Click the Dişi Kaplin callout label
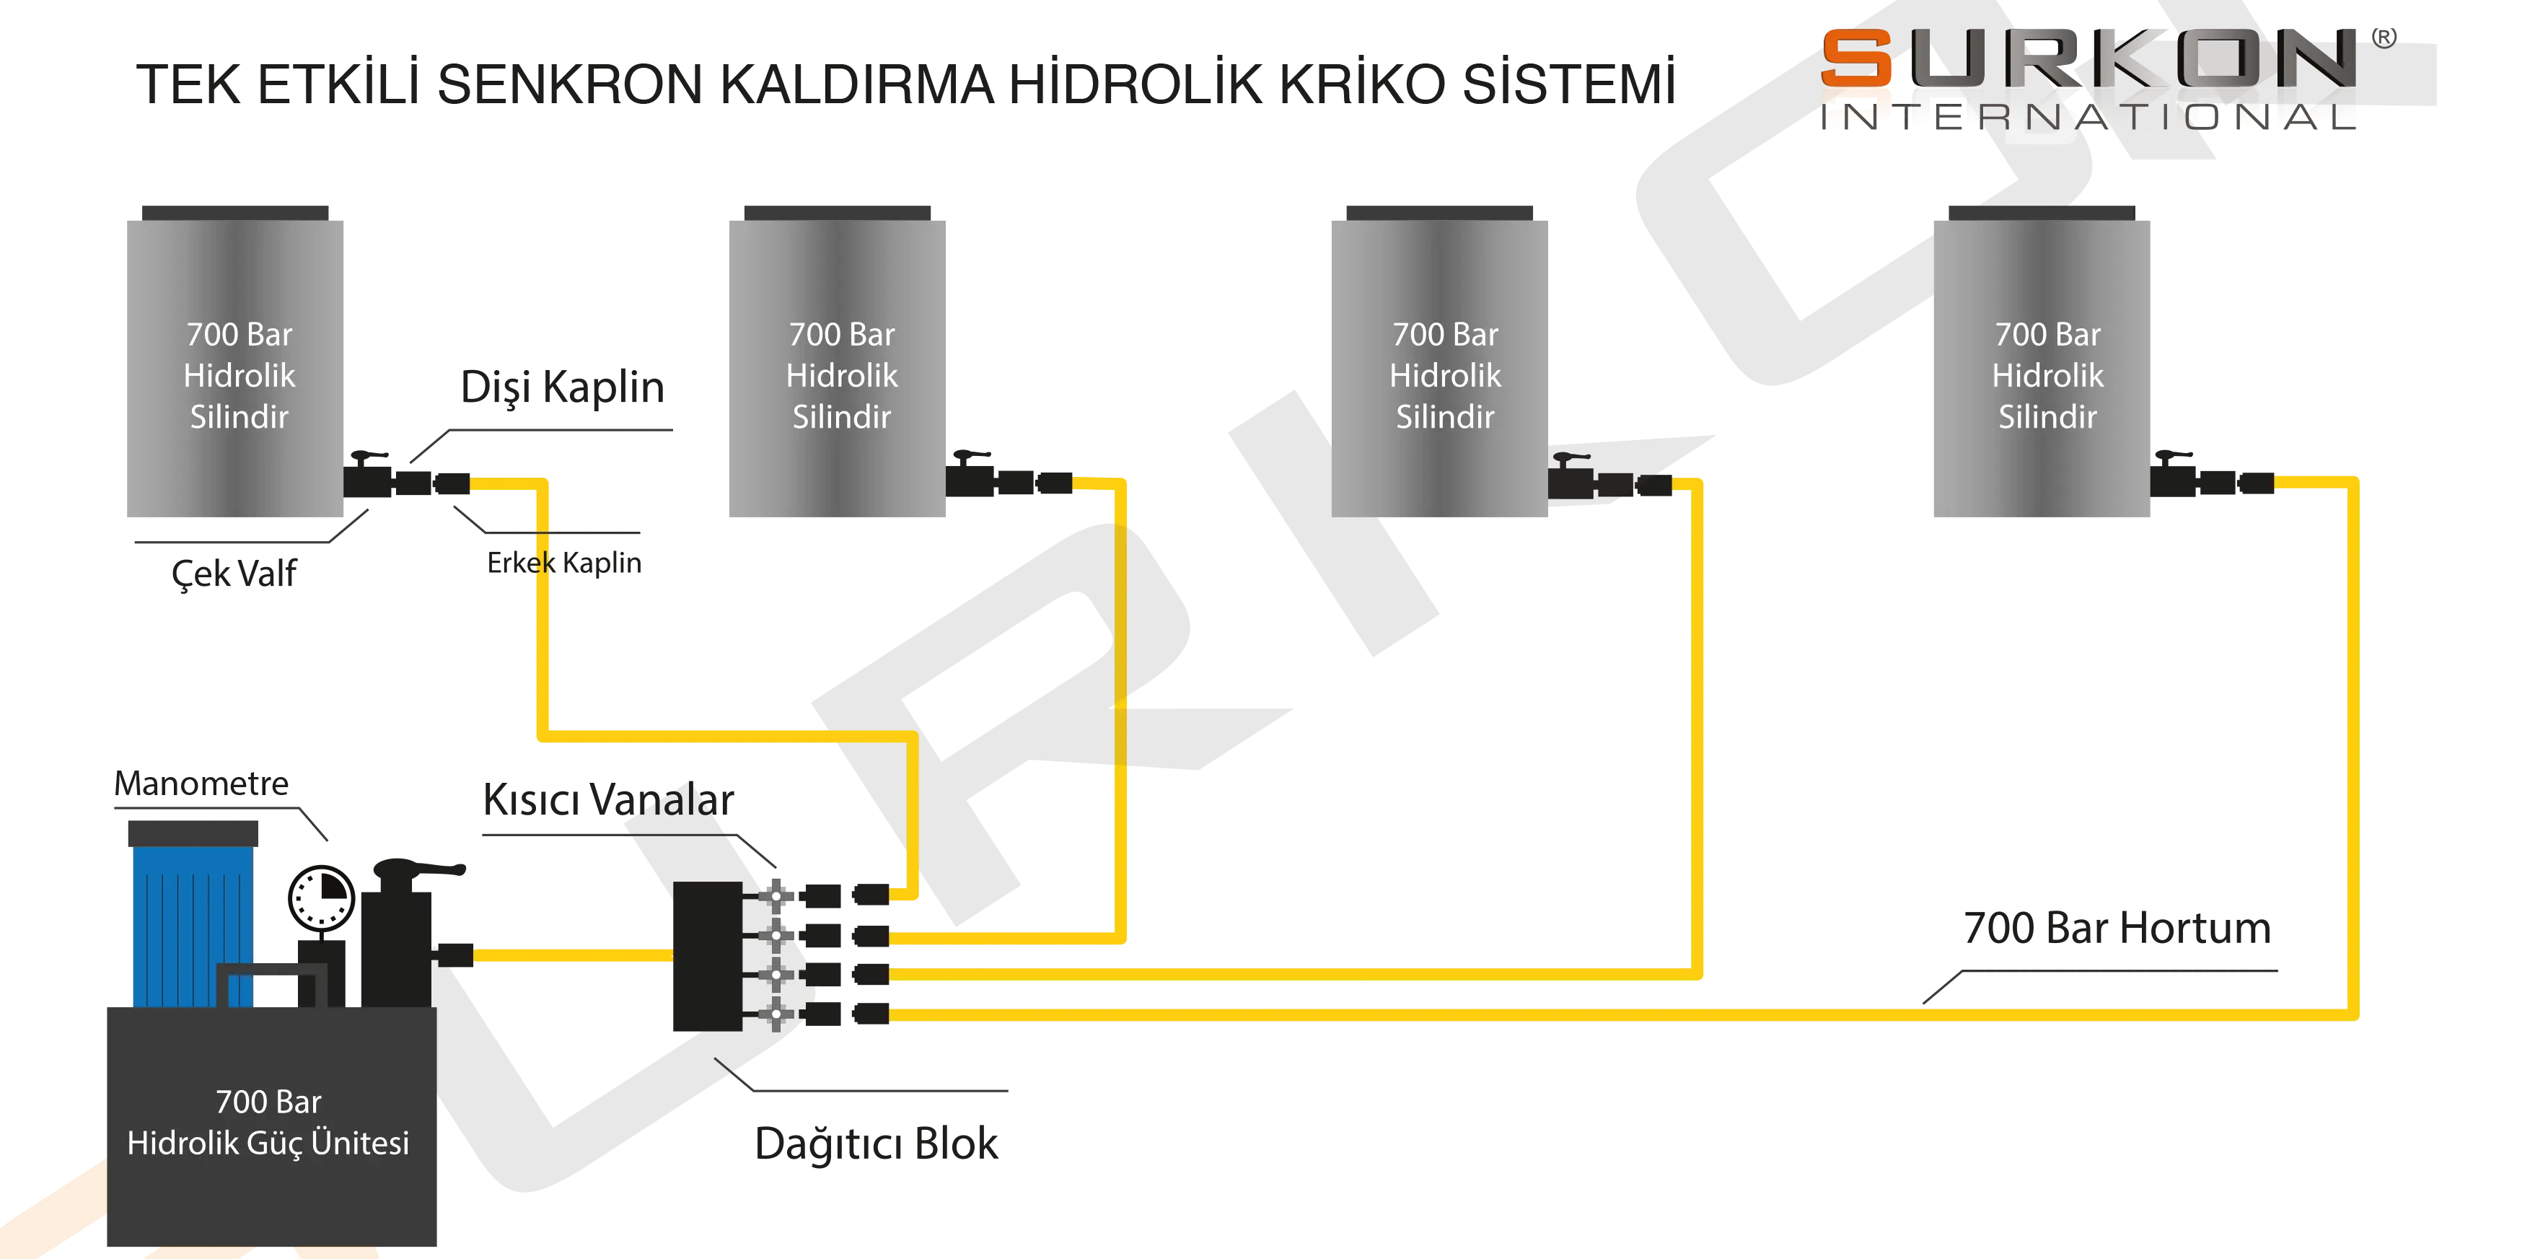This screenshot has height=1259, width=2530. pyautogui.click(x=562, y=388)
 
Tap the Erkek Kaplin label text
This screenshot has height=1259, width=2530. pyautogui.click(x=562, y=563)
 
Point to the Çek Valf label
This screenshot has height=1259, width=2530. pyautogui.click(x=233, y=573)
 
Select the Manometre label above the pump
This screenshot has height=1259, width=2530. pyautogui.click(x=201, y=783)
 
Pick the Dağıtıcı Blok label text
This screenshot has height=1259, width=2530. pyautogui.click(x=877, y=1142)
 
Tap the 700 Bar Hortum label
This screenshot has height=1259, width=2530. pyautogui.click(x=2117, y=929)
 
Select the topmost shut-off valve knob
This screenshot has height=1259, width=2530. pyautogui.click(x=777, y=895)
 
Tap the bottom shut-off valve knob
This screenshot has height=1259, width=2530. pyautogui.click(x=777, y=1012)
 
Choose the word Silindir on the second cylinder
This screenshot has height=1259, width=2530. pyautogui.click(x=842, y=416)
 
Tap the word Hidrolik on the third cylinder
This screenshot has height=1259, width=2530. pyautogui.click(x=1445, y=375)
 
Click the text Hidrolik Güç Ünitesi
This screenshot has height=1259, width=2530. pyautogui.click(x=268, y=1142)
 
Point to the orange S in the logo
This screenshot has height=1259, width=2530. pyautogui.click(x=1856, y=59)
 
